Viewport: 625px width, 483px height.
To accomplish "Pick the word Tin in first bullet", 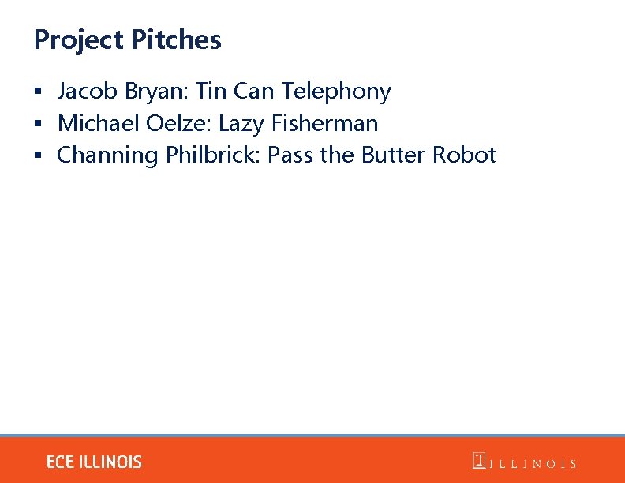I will pos(211,92).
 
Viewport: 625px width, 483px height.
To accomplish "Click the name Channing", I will pos(108,155).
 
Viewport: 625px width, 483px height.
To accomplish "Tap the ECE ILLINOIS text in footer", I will pos(94,462).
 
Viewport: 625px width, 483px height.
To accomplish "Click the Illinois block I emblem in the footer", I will pos(479,461).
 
